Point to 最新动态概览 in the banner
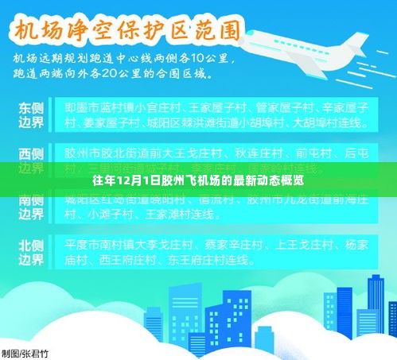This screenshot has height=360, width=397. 271,180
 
